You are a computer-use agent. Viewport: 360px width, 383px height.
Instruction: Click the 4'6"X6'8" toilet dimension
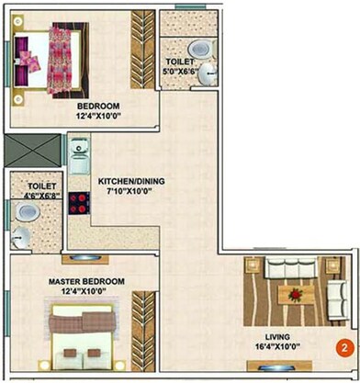coord(34,193)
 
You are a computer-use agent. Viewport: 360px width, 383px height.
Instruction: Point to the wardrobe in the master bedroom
coord(142,318)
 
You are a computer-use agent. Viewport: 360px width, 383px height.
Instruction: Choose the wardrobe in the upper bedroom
coord(142,46)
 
